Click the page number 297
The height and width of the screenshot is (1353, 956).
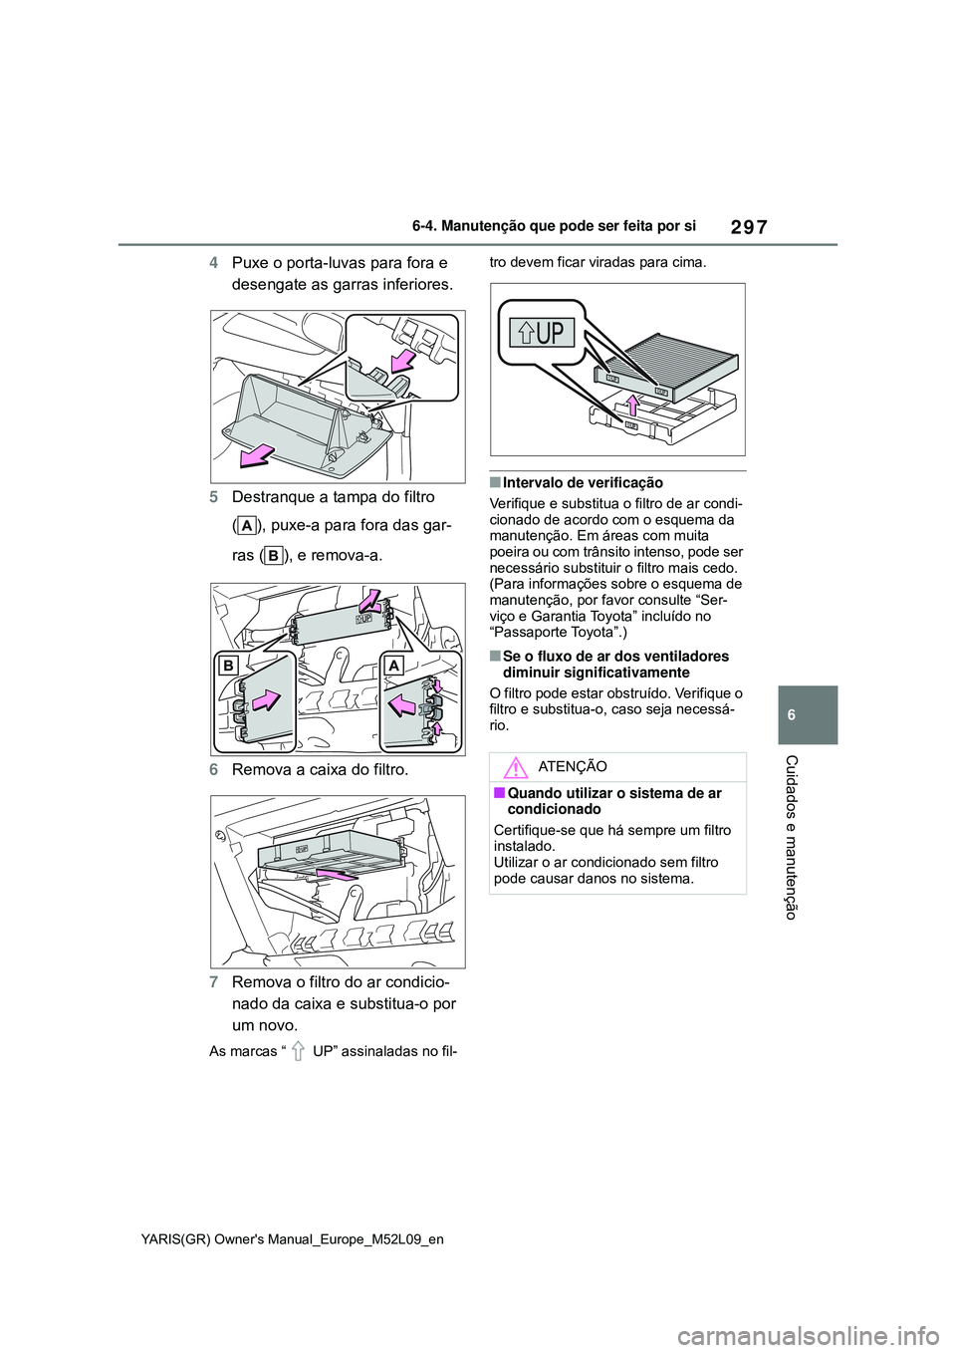(x=748, y=226)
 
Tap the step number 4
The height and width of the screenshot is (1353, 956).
(x=214, y=263)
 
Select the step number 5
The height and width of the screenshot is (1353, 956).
(x=214, y=497)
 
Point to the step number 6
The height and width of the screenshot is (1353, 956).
(x=214, y=770)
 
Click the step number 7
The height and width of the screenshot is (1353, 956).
(x=214, y=982)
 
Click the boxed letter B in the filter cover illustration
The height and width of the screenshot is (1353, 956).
(x=229, y=665)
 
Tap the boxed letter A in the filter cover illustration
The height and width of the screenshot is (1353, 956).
(x=394, y=665)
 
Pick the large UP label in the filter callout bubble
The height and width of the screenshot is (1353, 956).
(x=543, y=332)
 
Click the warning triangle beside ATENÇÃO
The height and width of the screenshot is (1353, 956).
(x=515, y=767)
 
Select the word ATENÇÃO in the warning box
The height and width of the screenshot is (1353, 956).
(x=572, y=766)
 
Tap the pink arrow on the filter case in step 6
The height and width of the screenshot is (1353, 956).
(x=334, y=874)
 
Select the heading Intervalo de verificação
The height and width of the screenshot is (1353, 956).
(x=583, y=483)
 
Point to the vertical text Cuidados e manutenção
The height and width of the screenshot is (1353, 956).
(x=792, y=837)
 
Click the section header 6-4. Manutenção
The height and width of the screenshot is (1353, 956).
(x=553, y=226)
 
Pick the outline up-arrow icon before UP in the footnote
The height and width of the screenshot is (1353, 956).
(x=296, y=1051)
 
